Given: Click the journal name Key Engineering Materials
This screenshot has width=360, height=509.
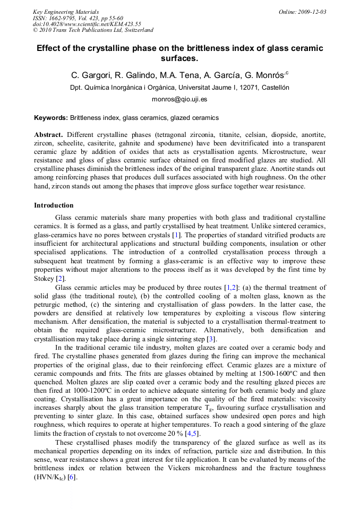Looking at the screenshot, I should (66, 12).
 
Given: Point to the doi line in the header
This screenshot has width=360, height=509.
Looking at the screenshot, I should (87, 24).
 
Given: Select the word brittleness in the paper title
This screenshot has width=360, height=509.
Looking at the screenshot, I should (216, 48).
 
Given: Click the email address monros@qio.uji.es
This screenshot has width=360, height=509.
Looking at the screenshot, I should (179, 99).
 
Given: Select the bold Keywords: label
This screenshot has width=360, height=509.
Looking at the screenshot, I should (51, 117).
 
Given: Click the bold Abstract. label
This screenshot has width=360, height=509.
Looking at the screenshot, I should (49, 135).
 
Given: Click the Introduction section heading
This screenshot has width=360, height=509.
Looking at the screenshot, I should (54, 205).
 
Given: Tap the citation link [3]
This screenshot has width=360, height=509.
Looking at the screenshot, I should (211, 339).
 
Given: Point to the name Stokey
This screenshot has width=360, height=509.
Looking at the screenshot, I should (44, 279).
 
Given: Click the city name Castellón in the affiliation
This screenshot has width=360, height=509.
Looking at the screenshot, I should (273, 88).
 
